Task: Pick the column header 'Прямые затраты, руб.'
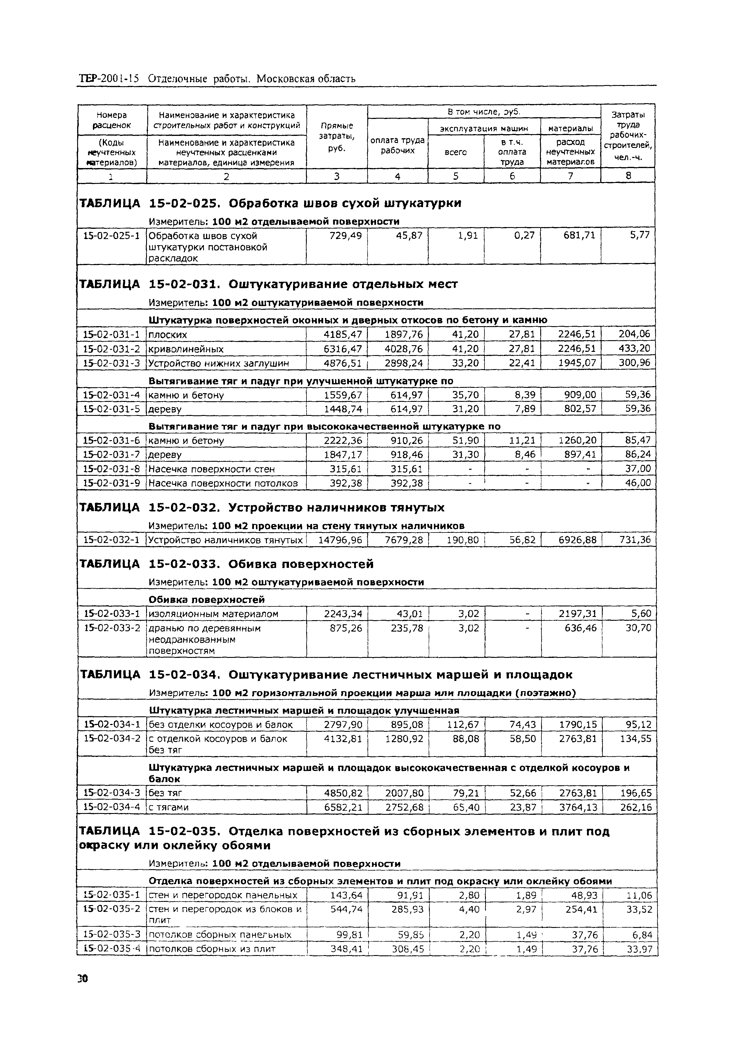[x=337, y=137]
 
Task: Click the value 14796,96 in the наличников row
[x=340, y=540]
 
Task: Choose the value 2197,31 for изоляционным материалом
[x=577, y=614]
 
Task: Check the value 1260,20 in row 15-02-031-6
[x=577, y=441]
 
